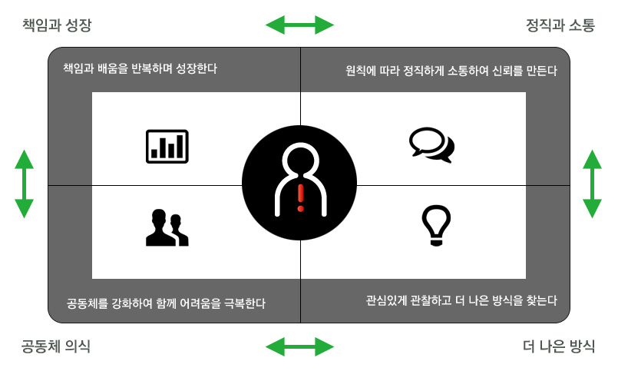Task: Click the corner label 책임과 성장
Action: (57, 25)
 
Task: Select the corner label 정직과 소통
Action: (560, 25)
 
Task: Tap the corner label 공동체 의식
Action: (55, 346)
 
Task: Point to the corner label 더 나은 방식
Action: (559, 346)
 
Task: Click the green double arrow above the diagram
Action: (299, 25)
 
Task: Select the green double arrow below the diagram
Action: (299, 347)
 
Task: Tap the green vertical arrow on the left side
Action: (24, 184)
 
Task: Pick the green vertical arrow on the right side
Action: (592, 184)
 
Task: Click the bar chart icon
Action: (167, 146)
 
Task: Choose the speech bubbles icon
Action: (432, 144)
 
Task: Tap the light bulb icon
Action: (436, 226)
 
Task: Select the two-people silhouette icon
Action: (167, 227)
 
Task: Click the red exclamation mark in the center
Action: (301, 197)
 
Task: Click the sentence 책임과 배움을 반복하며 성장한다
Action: (140, 68)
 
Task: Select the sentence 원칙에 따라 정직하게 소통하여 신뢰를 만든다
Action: (451, 71)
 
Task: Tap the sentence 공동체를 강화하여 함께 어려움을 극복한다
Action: (166, 303)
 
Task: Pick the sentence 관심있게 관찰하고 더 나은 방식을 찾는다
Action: (461, 301)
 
